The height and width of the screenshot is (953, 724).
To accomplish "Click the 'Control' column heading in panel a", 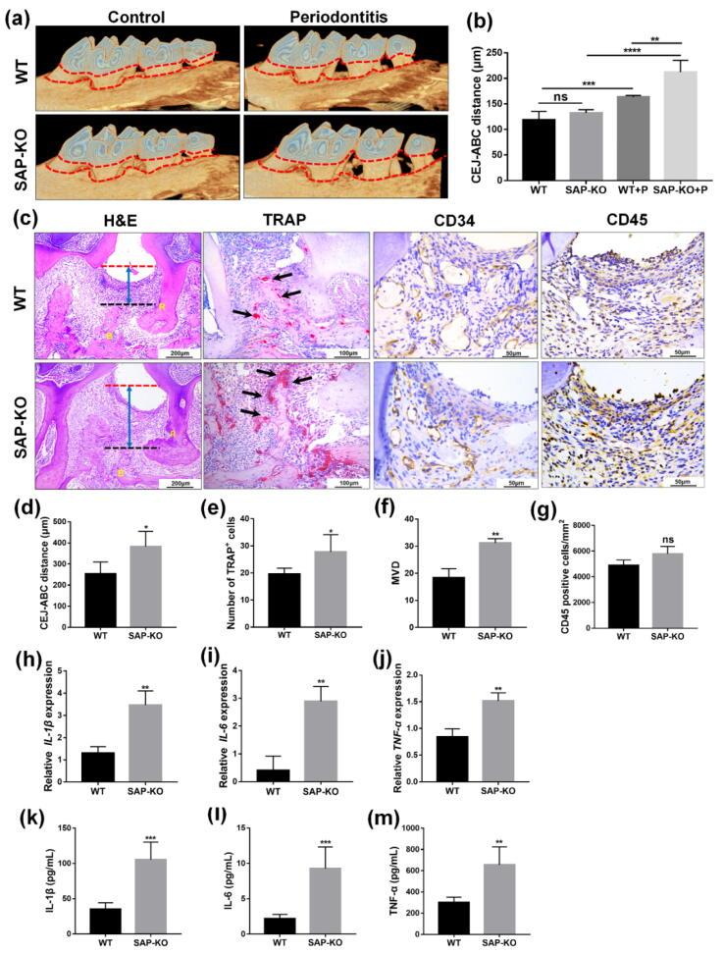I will coord(137,17).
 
